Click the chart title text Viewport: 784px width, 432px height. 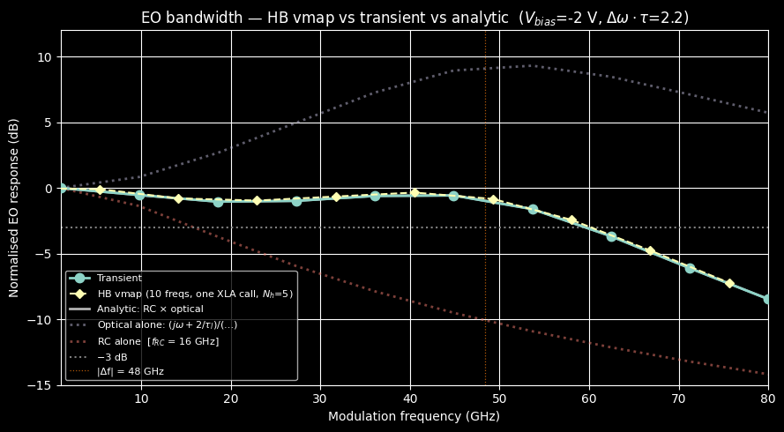tap(414, 18)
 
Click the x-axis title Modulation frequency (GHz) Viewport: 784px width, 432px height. tap(414, 416)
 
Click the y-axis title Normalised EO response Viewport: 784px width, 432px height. tap(14, 208)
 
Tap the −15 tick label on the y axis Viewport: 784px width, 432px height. tap(41, 385)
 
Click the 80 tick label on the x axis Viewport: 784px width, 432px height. tap(767, 398)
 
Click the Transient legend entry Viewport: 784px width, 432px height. tap(119, 278)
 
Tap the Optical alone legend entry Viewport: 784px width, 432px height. tap(167, 324)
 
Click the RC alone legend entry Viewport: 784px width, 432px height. tap(158, 340)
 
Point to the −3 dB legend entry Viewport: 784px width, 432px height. tap(111, 356)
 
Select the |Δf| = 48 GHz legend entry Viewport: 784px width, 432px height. tap(130, 371)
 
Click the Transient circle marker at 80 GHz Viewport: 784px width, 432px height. tap(767, 300)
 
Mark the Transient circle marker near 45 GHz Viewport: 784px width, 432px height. tap(453, 196)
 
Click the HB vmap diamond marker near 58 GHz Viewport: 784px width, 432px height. tap(571, 220)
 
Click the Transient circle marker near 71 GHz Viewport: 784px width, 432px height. tap(690, 268)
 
